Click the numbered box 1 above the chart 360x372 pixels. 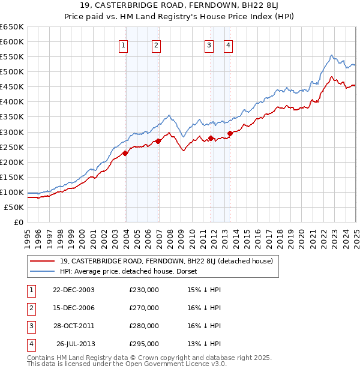tap(123, 45)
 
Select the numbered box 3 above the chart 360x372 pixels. tap(209, 45)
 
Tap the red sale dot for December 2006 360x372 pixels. tap(158, 141)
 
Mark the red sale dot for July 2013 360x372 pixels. tap(230, 133)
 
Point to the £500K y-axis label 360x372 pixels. tap(12, 71)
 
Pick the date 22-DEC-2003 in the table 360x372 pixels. tap(74, 290)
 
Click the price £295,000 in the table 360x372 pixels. tap(144, 344)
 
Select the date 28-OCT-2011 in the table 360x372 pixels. tap(74, 326)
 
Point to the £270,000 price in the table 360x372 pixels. tap(144, 308)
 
